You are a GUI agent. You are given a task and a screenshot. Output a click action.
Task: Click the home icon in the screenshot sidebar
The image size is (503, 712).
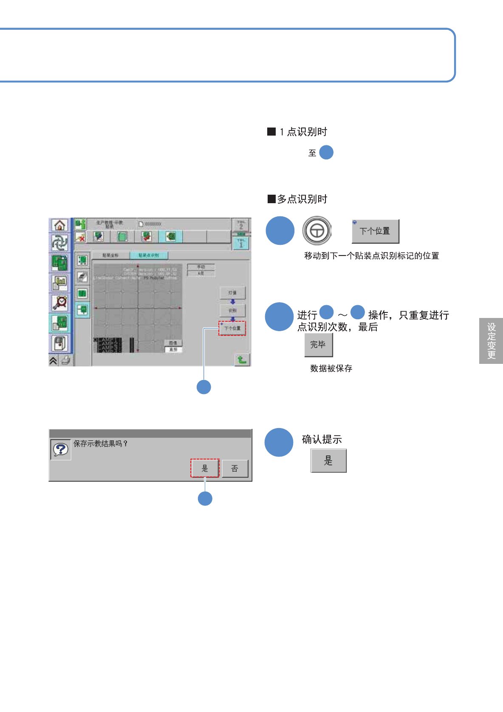click(x=59, y=225)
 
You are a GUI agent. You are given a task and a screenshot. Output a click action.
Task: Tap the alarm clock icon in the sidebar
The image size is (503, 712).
click(x=60, y=303)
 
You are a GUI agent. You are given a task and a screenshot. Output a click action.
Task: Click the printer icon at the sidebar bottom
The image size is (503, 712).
click(x=65, y=361)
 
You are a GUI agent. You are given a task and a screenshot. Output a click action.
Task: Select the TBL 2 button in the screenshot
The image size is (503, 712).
click(x=241, y=225)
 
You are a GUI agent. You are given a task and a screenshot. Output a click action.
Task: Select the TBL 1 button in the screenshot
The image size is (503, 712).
click(x=241, y=243)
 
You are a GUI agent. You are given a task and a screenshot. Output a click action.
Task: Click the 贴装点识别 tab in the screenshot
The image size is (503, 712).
click(x=149, y=255)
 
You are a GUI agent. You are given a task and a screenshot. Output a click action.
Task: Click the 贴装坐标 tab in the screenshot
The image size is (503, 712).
click(x=110, y=255)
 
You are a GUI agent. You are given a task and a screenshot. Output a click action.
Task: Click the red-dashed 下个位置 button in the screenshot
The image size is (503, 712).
click(x=232, y=328)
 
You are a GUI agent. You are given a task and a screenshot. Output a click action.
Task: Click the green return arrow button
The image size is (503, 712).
click(x=242, y=360)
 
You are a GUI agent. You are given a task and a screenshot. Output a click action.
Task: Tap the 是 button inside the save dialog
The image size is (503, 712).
click(x=205, y=468)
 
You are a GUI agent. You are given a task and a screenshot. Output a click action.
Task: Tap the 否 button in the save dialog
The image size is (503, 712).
click(x=235, y=468)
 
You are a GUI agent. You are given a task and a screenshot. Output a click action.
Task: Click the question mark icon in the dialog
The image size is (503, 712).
click(x=61, y=449)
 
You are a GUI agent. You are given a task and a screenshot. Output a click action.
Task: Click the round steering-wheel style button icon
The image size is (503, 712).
click(x=317, y=231)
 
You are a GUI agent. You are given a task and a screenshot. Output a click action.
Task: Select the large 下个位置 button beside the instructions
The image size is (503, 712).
click(x=375, y=231)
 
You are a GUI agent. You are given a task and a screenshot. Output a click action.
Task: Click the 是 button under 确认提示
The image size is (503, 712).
click(x=328, y=461)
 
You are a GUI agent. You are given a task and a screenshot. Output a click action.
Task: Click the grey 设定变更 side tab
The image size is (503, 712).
click(x=491, y=341)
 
